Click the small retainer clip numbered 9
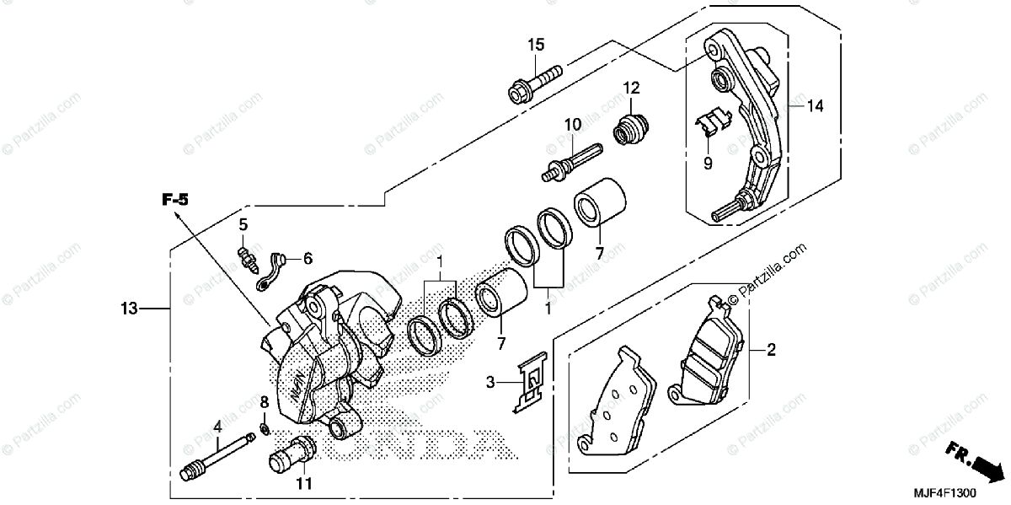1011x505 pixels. [x=713, y=123]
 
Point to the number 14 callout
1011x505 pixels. [x=815, y=107]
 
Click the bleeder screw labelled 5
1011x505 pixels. [x=247, y=255]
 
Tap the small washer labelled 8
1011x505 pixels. [x=264, y=431]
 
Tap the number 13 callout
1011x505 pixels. [x=127, y=309]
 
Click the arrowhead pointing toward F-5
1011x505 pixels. [x=179, y=216]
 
